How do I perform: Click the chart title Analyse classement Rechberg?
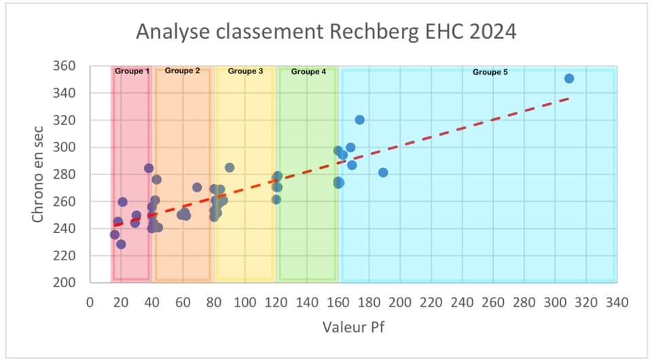(x=325, y=32)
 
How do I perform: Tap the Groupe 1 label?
(x=132, y=71)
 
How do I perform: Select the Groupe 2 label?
(x=182, y=71)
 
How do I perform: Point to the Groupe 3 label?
(x=245, y=71)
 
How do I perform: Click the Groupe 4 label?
(x=308, y=71)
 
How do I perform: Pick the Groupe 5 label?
(x=490, y=71)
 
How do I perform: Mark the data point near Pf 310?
(x=569, y=79)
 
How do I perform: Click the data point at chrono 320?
(x=360, y=120)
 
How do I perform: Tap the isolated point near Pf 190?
(x=383, y=173)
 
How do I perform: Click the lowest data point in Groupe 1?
(x=121, y=245)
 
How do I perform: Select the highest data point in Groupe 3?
(x=230, y=168)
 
